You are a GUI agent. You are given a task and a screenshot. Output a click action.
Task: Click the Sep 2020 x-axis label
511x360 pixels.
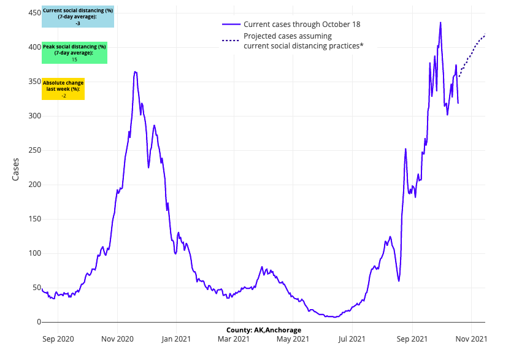(x=57, y=338)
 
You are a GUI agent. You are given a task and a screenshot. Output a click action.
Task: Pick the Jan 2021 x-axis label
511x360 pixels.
(x=176, y=338)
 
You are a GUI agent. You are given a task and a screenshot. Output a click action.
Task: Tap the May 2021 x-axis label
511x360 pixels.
(x=293, y=338)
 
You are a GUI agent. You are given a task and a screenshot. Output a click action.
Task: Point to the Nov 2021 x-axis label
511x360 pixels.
(x=471, y=338)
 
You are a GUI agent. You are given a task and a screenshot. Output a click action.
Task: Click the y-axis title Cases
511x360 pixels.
(x=16, y=170)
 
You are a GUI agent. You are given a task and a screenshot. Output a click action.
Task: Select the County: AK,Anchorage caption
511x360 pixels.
(x=263, y=330)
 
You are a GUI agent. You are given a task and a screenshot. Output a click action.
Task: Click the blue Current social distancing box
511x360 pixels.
(x=78, y=17)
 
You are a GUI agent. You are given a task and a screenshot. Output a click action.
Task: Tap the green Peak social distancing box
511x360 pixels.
(x=74, y=53)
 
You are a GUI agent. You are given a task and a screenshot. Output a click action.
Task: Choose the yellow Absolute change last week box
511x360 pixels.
(x=63, y=89)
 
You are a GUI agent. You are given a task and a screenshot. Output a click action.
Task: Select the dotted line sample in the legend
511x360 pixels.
(x=231, y=41)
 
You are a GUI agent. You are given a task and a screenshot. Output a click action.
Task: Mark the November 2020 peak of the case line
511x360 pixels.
(x=135, y=72)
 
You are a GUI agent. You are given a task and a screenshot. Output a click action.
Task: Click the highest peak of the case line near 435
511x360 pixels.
(x=440, y=23)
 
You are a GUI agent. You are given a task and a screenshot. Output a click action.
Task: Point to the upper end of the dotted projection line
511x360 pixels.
(x=485, y=35)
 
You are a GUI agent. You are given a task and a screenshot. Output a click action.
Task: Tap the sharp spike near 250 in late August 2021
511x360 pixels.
(x=405, y=148)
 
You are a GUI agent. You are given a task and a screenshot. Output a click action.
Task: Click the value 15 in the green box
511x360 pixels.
(x=74, y=59)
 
